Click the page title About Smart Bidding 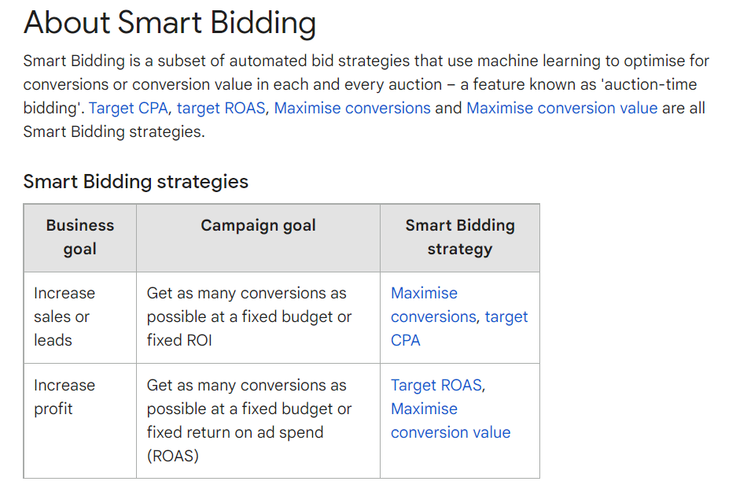tap(169, 23)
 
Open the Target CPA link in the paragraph tap(128, 108)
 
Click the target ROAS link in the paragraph tap(221, 108)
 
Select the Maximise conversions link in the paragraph tap(352, 108)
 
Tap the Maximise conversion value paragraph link tap(562, 108)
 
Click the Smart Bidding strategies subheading tap(136, 182)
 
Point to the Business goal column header tap(79, 237)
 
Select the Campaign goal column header tap(258, 226)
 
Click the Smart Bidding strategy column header tap(460, 237)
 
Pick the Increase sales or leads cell tap(64, 316)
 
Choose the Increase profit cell tap(64, 397)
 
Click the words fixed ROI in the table tap(179, 340)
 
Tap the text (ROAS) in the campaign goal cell tap(173, 456)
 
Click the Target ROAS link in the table tap(436, 385)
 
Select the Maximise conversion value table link tap(451, 420)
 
